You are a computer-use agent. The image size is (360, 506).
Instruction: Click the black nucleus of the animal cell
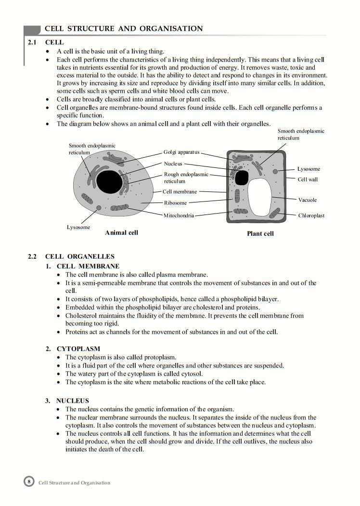110,180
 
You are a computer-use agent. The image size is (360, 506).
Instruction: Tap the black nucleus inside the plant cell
241,177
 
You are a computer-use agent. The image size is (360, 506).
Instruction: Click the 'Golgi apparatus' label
181,152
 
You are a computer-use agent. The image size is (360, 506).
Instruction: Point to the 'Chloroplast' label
311,215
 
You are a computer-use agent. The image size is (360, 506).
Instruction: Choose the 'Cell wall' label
308,179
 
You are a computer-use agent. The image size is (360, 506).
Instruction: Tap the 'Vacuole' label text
308,200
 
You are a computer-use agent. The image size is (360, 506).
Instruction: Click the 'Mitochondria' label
179,215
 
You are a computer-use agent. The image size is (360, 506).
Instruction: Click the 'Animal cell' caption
121,233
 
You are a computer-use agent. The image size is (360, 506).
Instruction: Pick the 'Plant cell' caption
260,234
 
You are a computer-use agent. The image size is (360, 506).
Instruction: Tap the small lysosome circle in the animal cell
99,208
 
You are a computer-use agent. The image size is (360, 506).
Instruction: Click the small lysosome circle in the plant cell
275,171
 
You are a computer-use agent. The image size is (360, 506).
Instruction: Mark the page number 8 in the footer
29,482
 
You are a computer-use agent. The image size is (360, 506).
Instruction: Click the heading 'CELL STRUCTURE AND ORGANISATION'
124,29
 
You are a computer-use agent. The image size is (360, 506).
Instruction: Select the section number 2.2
32,256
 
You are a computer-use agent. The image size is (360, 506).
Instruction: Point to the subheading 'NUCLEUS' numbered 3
73,400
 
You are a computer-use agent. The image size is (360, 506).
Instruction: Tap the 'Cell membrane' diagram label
180,191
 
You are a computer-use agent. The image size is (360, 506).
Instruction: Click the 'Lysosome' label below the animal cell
78,227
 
